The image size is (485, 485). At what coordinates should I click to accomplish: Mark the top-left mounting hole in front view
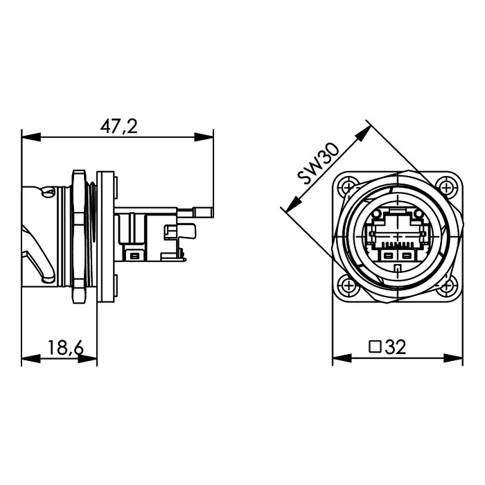coord(346,186)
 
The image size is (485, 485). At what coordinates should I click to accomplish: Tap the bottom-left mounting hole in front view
coord(346,283)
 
